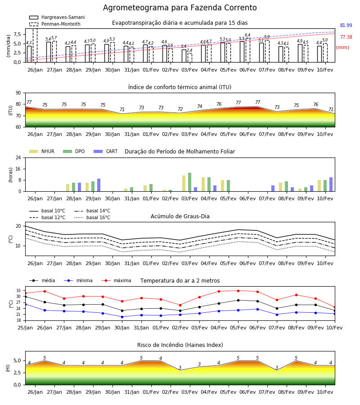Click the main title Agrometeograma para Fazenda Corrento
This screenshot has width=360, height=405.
click(180, 8)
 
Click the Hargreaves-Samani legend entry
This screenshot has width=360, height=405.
click(57, 17)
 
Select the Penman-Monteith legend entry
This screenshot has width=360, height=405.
click(55, 24)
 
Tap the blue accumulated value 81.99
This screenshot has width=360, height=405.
click(346, 25)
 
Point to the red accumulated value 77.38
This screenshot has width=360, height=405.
click(346, 37)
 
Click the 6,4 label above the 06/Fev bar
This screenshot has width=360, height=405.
click(247, 35)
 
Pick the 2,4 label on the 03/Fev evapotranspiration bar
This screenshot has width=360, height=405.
click(189, 50)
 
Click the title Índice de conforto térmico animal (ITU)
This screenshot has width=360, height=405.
click(180, 87)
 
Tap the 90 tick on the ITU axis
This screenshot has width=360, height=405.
click(18, 93)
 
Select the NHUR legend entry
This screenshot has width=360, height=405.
click(42, 151)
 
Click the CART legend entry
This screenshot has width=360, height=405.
click(106, 151)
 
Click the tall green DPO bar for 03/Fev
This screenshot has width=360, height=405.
click(189, 182)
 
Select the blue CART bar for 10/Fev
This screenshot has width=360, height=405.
click(331, 184)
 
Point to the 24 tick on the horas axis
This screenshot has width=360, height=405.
click(18, 157)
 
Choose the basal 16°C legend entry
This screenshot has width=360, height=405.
click(92, 217)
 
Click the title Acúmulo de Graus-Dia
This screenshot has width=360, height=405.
click(180, 216)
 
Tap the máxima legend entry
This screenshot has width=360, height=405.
click(116, 280)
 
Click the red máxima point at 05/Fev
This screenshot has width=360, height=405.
click(238, 291)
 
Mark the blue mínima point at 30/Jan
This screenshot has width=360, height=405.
click(122, 317)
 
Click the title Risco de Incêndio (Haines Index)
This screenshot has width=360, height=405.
click(180, 345)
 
